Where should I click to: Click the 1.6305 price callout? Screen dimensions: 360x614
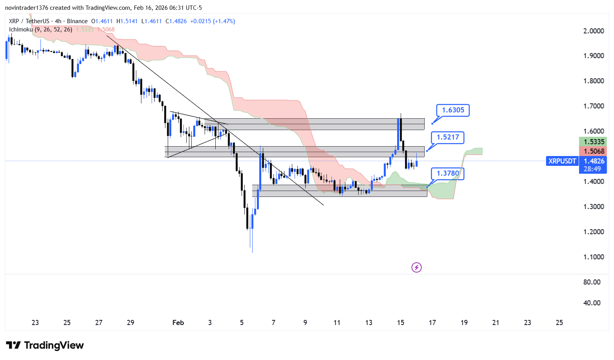coord(453,110)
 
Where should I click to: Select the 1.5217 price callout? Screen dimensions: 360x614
coord(448,137)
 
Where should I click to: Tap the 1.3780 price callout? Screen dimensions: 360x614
coord(448,173)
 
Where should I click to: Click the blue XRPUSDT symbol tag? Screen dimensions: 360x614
coord(562,161)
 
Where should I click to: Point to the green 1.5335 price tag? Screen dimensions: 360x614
coord(593,142)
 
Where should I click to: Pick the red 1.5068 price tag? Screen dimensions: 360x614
coord(593,151)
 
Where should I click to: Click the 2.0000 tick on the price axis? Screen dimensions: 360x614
coord(594,31)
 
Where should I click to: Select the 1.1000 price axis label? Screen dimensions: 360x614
coord(594,257)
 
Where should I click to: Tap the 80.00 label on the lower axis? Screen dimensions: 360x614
coord(592,282)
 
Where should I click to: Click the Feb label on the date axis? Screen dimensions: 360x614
coord(178,323)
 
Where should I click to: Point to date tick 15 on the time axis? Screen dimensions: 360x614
coord(400,323)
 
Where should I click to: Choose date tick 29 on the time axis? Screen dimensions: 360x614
coord(130,323)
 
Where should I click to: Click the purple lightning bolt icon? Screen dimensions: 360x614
coord(416,268)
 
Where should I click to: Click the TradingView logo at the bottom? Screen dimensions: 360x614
coord(45,345)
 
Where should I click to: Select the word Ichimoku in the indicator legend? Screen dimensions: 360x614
coord(21,29)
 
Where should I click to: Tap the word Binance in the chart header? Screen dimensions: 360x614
coord(77,21)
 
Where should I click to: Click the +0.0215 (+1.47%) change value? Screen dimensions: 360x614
coord(213,21)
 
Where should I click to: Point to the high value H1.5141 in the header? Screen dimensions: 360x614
coord(127,21)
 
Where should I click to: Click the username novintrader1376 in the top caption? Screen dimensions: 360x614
coord(26,8)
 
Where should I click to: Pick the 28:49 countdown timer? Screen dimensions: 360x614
coord(592,169)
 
